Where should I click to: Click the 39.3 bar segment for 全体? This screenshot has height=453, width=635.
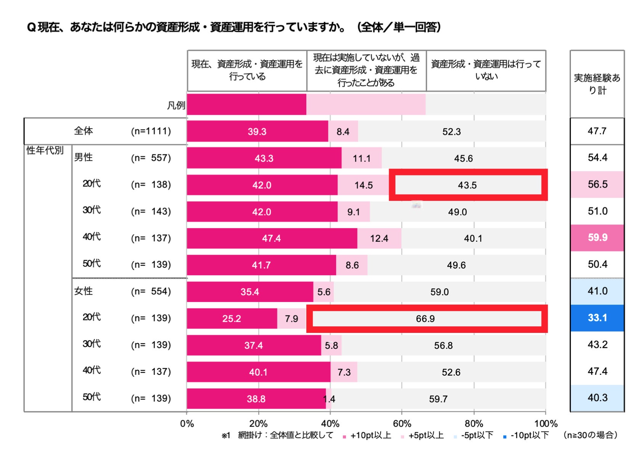point(257,132)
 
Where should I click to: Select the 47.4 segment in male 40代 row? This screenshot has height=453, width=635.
point(272,238)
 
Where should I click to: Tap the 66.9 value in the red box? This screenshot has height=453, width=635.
point(425,319)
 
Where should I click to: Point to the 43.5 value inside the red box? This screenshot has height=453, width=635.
point(467,185)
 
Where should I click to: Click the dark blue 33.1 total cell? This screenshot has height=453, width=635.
point(597,318)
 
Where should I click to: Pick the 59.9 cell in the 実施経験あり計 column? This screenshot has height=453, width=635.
point(597,238)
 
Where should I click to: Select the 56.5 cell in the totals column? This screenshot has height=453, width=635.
point(597,185)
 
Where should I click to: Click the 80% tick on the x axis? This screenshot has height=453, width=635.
point(474,424)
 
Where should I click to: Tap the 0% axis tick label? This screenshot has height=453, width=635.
point(187,424)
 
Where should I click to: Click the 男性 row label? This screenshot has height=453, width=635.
point(84,157)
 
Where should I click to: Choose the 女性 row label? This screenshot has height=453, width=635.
point(84,291)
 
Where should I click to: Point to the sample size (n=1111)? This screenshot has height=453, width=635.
point(151,131)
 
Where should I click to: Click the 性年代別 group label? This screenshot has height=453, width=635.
point(45,150)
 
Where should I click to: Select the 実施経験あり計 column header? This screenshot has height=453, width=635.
point(597,84)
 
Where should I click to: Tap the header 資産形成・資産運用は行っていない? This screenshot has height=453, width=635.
point(486,70)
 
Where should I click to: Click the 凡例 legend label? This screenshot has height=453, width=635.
point(176,105)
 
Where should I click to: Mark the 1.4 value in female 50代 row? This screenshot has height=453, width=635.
point(329,399)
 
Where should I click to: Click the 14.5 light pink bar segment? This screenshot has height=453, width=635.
point(363,185)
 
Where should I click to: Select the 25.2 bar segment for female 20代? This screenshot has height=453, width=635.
point(231,319)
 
